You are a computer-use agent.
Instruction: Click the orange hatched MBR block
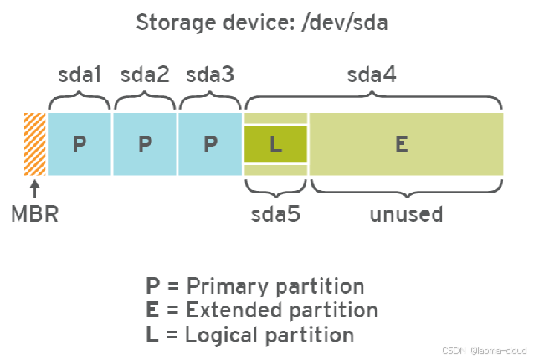35,144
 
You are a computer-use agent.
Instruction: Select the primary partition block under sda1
80,144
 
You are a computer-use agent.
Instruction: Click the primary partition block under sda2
145,144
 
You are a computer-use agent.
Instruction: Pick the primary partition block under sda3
210,144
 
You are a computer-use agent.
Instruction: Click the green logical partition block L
275,144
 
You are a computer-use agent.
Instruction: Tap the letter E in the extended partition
402,144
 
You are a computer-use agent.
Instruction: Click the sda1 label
80,75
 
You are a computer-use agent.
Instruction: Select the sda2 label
145,75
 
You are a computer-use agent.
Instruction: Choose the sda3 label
210,75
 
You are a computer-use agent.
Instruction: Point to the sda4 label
372,75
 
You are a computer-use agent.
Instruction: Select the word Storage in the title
174,23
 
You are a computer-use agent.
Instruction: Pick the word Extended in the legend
226,311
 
